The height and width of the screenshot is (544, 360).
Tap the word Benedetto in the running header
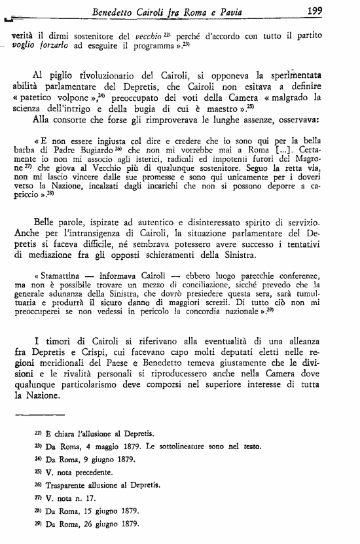pyautogui.click(x=117, y=10)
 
